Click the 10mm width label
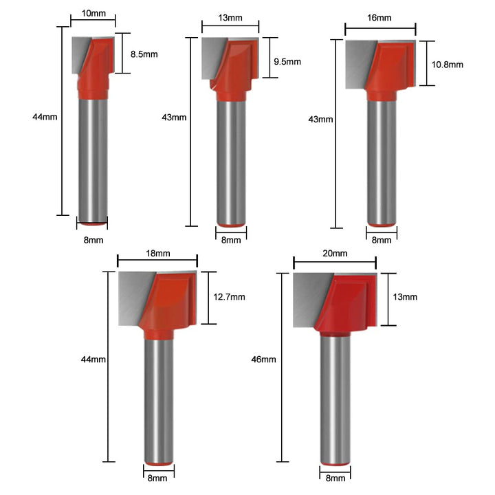(x=93, y=13)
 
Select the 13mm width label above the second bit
(x=230, y=18)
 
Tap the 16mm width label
(x=379, y=18)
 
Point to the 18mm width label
(x=158, y=254)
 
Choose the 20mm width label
(x=335, y=254)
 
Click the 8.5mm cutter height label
(x=144, y=54)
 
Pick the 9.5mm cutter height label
(x=287, y=62)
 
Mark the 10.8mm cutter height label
(x=448, y=65)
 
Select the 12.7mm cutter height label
(x=229, y=297)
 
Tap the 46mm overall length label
(x=263, y=360)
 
